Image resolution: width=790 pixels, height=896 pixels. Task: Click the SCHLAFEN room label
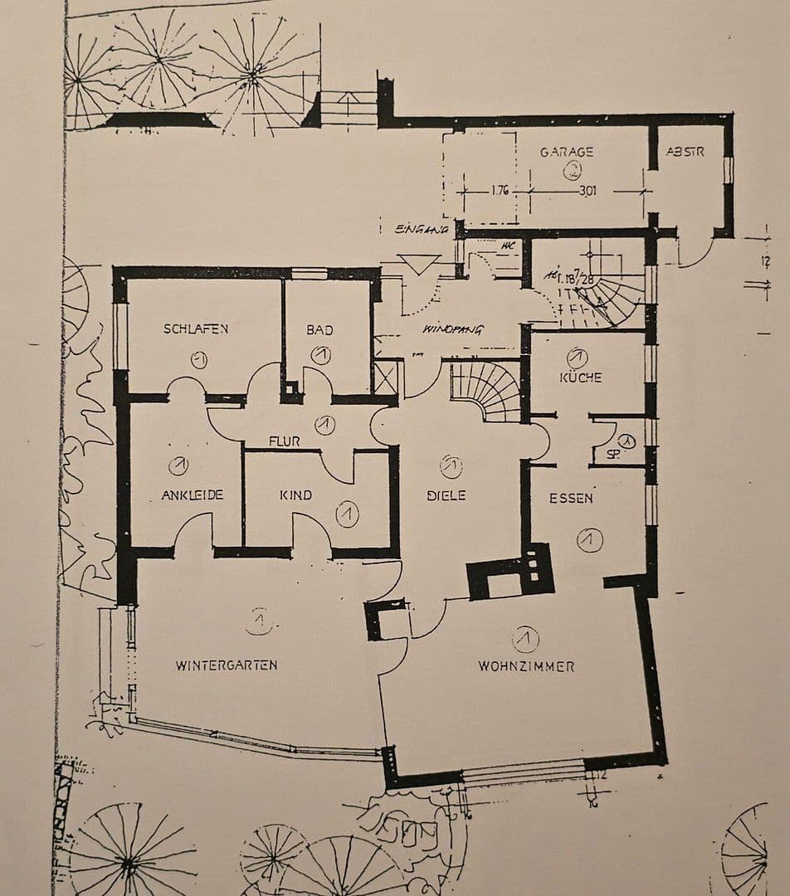click(x=195, y=329)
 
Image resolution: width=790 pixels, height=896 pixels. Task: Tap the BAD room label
click(x=319, y=329)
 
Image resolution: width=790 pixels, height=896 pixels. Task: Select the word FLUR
click(x=284, y=441)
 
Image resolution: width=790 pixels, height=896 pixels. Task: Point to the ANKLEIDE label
click(x=192, y=495)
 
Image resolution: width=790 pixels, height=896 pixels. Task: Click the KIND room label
click(x=295, y=495)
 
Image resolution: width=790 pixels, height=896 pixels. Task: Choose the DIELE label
click(x=446, y=495)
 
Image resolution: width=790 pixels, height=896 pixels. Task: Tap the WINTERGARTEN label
click(x=226, y=665)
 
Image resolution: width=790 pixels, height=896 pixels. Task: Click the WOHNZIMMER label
click(x=526, y=665)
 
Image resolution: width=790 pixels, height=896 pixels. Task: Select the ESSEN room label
click(x=571, y=498)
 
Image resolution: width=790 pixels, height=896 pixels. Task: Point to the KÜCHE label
click(x=581, y=377)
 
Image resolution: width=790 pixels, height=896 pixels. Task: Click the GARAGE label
click(x=567, y=152)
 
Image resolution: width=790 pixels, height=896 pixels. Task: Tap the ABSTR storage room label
click(x=685, y=152)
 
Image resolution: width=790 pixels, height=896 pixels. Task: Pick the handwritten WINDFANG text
click(x=453, y=329)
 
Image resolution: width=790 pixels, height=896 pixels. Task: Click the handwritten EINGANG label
click(x=422, y=228)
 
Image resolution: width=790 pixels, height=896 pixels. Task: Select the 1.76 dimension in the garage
click(x=500, y=191)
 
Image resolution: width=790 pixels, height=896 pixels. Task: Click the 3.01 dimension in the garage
click(x=588, y=191)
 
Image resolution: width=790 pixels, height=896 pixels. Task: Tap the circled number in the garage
click(x=573, y=171)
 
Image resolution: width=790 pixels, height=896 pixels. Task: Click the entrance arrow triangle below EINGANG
click(x=420, y=264)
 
